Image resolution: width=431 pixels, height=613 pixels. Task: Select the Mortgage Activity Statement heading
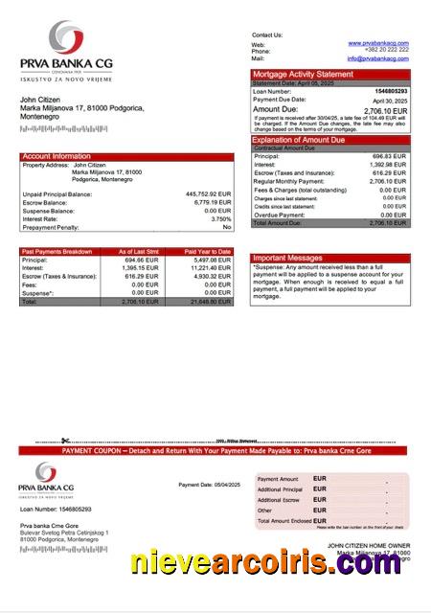coord(303,74)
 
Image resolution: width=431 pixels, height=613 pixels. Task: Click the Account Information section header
coord(57,156)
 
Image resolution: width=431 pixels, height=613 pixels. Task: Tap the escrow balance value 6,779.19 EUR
coord(212,203)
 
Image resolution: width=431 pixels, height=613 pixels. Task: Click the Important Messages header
coord(287,258)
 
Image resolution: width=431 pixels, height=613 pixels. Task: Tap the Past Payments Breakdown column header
coord(57,251)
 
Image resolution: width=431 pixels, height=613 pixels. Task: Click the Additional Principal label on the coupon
coord(279,489)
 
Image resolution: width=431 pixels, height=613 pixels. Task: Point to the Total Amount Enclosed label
coord(284,520)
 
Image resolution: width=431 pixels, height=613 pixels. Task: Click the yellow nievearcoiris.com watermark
coord(267,565)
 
